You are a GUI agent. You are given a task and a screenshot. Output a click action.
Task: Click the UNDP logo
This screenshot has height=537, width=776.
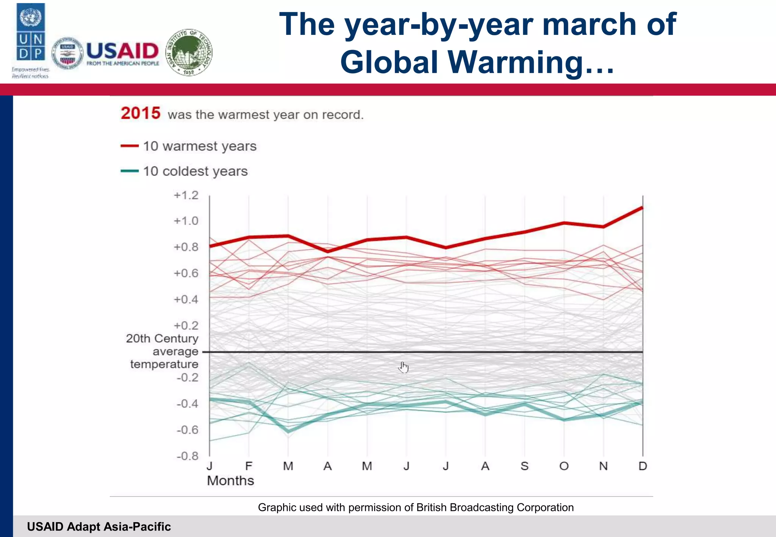(x=31, y=32)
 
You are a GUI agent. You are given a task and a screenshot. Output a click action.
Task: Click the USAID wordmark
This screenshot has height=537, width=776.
(x=122, y=51)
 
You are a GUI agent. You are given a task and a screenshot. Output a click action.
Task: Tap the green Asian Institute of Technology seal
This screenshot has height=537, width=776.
(x=189, y=53)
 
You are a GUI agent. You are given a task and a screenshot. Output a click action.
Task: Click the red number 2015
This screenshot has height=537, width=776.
(x=141, y=113)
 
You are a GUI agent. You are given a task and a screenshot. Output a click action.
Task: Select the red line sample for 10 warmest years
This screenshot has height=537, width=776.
(x=129, y=146)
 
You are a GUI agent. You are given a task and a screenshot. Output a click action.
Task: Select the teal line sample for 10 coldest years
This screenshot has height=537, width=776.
(x=129, y=171)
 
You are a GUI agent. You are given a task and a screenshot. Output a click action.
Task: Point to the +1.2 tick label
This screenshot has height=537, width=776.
(x=186, y=195)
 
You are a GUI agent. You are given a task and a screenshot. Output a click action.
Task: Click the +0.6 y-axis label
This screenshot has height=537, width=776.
(x=186, y=273)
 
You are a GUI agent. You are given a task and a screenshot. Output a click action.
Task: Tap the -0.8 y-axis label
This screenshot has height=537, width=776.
(x=187, y=456)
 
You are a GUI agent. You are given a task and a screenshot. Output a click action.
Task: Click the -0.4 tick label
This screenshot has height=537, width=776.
(x=187, y=404)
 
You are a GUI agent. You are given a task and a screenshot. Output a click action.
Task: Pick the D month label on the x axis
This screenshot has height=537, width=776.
(x=643, y=466)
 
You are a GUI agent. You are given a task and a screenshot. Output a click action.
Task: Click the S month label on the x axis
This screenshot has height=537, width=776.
(x=524, y=466)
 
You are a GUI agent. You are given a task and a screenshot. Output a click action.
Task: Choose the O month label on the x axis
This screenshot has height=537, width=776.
(x=564, y=466)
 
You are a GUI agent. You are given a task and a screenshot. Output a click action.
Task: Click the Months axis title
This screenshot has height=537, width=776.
(x=230, y=481)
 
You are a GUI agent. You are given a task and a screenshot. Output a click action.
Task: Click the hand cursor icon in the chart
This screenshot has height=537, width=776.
(x=404, y=367)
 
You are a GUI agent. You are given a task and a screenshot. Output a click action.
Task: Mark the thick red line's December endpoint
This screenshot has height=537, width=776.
(x=642, y=208)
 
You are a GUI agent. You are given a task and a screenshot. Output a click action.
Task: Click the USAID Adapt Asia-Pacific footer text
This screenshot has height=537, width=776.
(x=99, y=526)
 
